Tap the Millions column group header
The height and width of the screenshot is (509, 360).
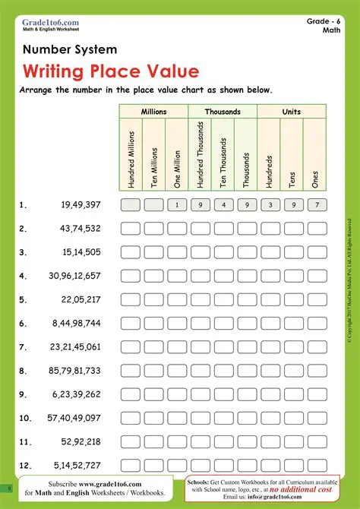153,112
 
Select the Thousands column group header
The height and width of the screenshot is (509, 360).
223,112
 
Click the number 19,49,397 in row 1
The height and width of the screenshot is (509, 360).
81,205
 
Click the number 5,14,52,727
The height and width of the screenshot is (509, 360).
76,465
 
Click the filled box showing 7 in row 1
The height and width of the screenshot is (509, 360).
316,204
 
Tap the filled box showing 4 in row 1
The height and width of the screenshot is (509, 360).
223,204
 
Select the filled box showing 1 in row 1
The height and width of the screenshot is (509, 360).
177,204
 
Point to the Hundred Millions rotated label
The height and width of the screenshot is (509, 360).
131,159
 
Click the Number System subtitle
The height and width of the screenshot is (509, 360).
70,49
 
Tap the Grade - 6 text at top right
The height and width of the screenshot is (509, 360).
324,21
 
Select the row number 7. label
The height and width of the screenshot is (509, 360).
24,347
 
